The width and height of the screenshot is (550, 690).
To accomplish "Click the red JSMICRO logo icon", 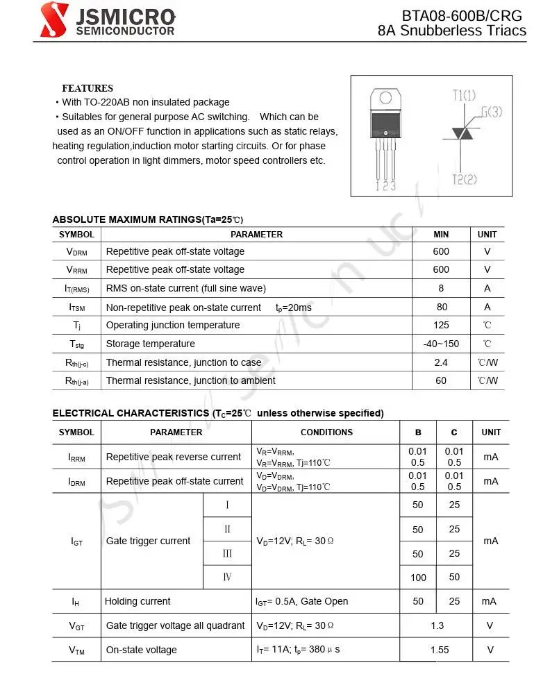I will [x=54, y=19].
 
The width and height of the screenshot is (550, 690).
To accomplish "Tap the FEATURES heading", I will [x=87, y=88].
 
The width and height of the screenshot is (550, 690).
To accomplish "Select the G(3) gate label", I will [x=490, y=112].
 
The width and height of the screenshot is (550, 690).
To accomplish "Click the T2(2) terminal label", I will [x=465, y=179].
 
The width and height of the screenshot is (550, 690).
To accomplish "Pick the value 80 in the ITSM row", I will [x=442, y=307].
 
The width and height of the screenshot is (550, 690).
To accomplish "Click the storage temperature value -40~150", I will [x=441, y=344].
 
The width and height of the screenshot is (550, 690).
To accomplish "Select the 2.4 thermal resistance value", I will [x=441, y=362].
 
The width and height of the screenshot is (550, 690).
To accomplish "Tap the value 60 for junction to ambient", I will [x=441, y=380].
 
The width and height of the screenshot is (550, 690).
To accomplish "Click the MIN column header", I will [x=441, y=235].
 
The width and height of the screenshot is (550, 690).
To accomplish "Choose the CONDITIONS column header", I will [x=326, y=432].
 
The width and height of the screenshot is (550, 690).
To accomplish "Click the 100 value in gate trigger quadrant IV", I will [x=418, y=577].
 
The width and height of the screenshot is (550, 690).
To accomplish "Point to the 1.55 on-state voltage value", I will [x=440, y=650].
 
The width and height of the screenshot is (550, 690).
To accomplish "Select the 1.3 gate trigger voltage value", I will [x=437, y=625].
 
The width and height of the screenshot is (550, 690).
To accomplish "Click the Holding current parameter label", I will [x=137, y=601].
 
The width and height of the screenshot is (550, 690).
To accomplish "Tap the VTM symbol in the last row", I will [x=76, y=650].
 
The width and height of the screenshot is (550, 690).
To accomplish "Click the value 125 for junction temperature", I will [x=441, y=325].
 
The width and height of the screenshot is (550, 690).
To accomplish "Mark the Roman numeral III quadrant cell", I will [x=227, y=553].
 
